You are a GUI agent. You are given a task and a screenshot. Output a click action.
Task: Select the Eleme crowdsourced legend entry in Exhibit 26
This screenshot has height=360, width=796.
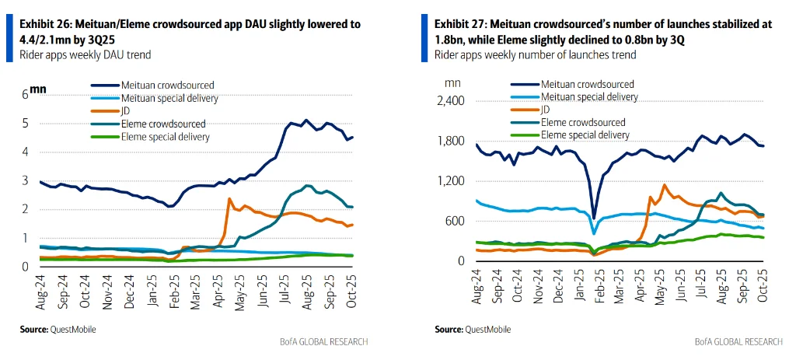pos(162,124)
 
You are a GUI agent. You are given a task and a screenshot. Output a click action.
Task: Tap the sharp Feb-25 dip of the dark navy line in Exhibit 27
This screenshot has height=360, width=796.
pos(594,217)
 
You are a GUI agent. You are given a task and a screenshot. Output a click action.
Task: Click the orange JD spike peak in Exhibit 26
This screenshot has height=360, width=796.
pos(229,199)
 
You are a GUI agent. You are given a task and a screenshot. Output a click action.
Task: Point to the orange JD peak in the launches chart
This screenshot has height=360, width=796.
pos(665,185)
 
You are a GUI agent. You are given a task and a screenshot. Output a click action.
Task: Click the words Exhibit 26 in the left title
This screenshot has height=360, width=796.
pos(43,25)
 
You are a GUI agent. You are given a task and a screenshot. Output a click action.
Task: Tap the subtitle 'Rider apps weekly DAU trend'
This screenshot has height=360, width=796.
pos(86,55)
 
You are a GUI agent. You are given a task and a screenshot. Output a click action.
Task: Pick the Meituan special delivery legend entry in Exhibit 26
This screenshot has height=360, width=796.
pos(169,97)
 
